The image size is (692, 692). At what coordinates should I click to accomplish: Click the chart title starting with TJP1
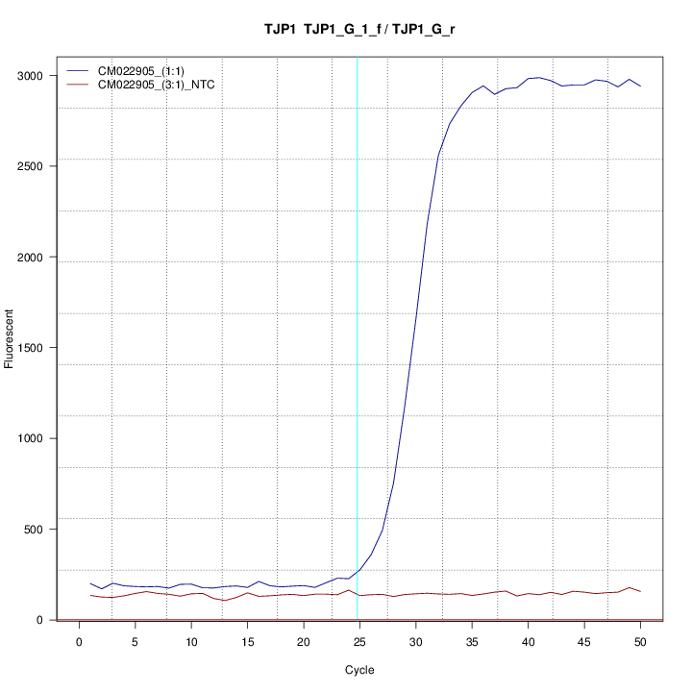click(359, 30)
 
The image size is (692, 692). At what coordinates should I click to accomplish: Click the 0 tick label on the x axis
click(79, 642)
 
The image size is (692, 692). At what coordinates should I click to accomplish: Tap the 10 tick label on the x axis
click(191, 642)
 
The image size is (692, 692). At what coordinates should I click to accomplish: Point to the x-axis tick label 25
click(359, 642)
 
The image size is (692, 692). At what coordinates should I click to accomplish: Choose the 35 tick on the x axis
click(472, 642)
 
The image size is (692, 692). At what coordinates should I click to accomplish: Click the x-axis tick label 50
click(640, 642)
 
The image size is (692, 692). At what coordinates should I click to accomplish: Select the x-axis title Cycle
click(359, 670)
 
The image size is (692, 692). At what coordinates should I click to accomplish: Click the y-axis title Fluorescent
click(11, 338)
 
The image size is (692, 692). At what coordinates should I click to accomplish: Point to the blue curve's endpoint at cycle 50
click(640, 86)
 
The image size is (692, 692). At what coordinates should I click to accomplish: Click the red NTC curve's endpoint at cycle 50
click(640, 591)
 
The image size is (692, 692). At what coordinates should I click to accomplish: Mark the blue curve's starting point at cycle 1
click(90, 583)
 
